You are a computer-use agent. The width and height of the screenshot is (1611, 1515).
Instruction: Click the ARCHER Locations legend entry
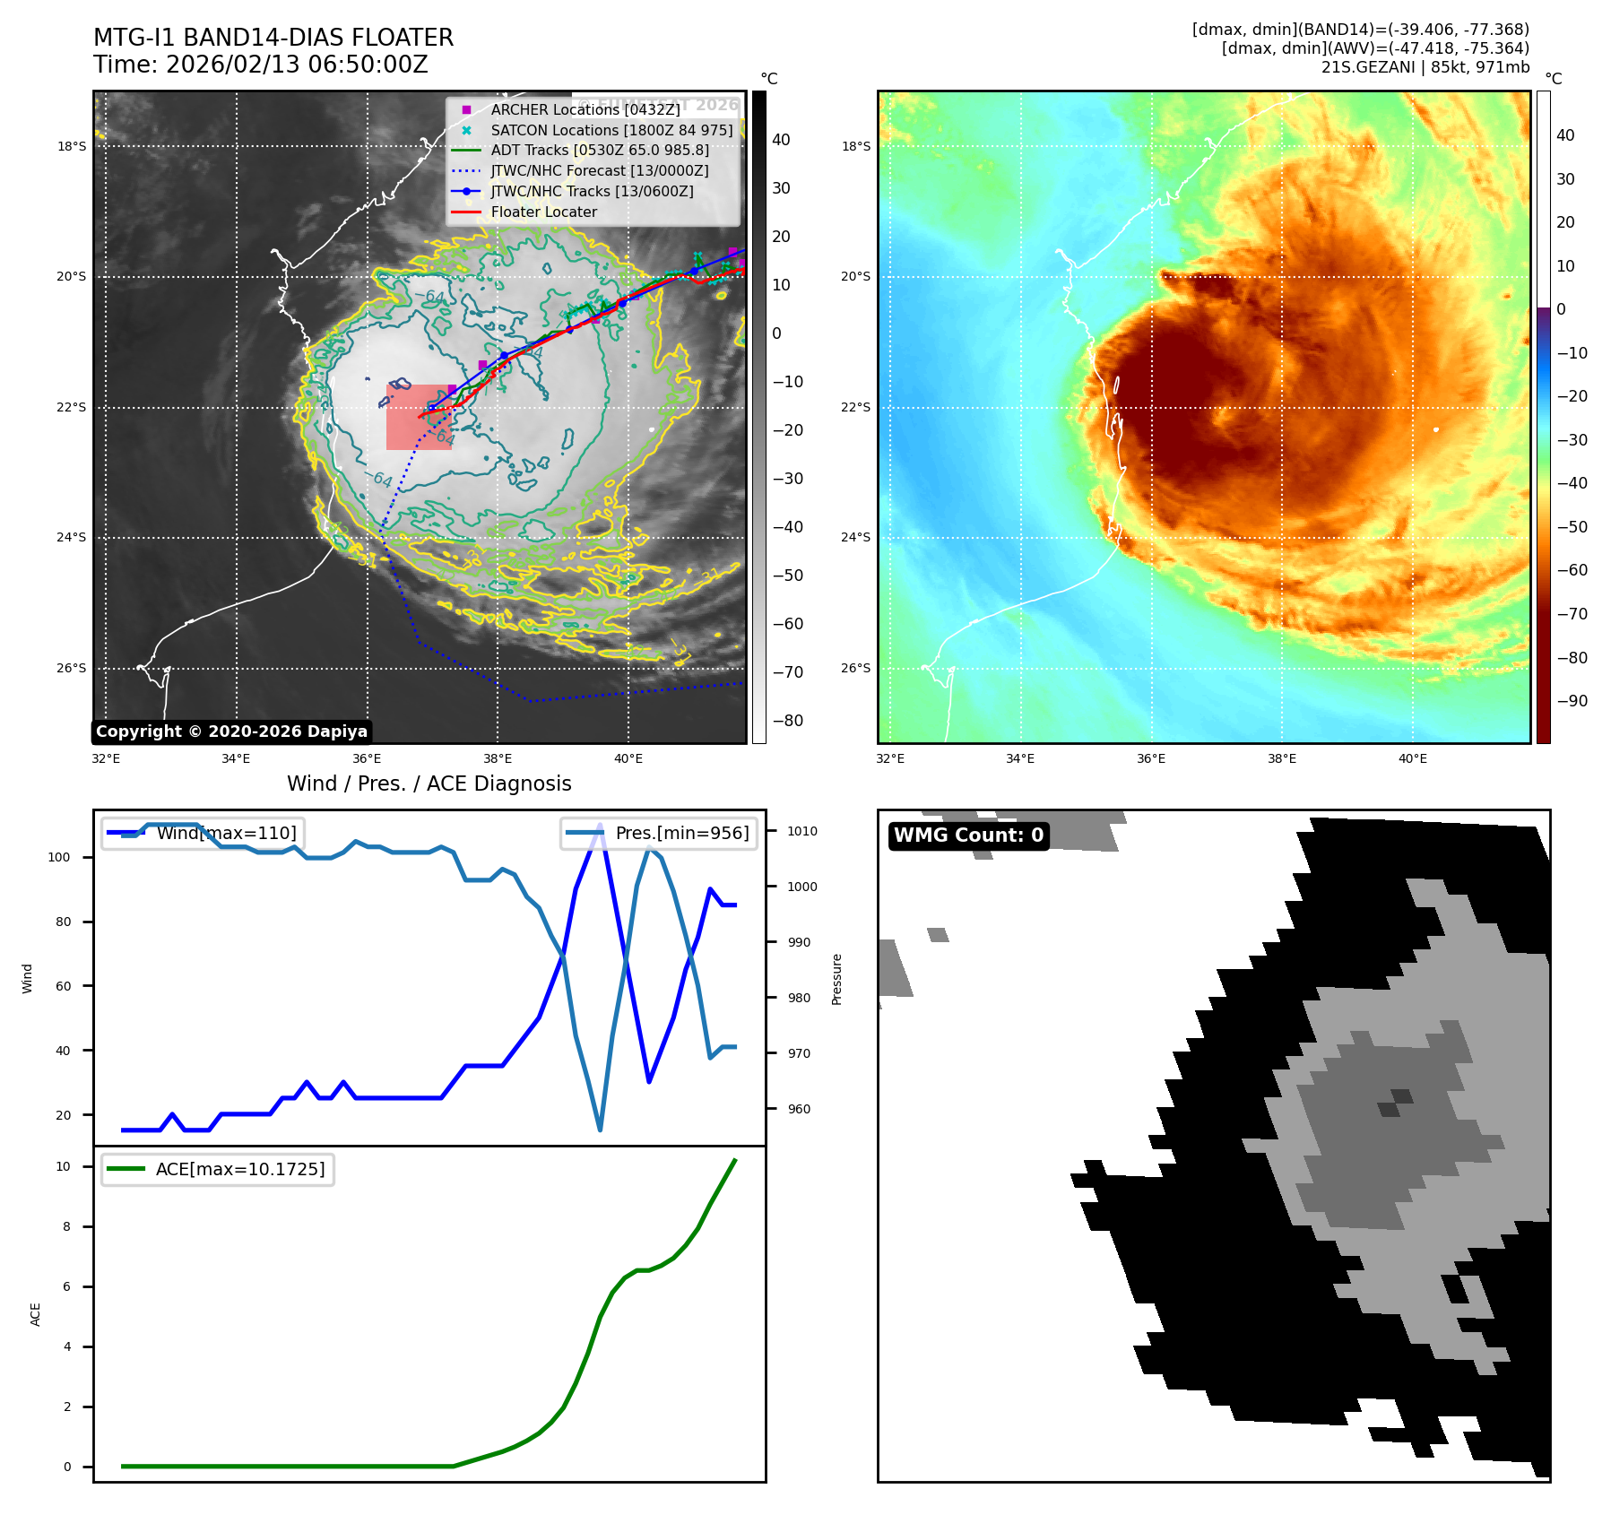pos(585,109)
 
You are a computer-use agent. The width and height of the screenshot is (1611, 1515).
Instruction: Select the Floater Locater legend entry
pos(543,212)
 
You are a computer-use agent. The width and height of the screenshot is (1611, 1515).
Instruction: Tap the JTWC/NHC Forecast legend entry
pos(599,170)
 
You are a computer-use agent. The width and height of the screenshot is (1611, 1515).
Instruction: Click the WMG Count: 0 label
pos(968,835)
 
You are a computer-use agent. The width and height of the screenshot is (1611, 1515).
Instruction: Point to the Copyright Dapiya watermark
pos(231,732)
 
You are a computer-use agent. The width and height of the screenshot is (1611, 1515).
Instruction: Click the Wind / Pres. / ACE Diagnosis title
pos(429,783)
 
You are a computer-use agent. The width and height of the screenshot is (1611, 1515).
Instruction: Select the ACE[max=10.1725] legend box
pos(218,1169)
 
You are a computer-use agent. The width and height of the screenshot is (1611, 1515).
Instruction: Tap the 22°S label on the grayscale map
pos(72,407)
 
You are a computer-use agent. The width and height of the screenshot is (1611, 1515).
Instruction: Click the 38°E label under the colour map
pos(1281,758)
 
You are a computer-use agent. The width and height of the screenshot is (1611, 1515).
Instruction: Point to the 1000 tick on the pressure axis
pos(802,887)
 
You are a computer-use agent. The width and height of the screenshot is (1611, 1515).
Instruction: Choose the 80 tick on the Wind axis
pos(62,922)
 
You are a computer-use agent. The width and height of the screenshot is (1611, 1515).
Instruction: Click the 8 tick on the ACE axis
pos(66,1226)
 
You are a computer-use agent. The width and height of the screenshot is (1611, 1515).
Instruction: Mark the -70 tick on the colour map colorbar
pos(1572,614)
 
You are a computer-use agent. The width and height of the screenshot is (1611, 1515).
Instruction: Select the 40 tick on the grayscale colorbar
pos(781,140)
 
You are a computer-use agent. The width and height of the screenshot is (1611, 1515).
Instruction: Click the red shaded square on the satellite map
pos(419,417)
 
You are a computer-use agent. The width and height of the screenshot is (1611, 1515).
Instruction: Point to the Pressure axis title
pos(836,979)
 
